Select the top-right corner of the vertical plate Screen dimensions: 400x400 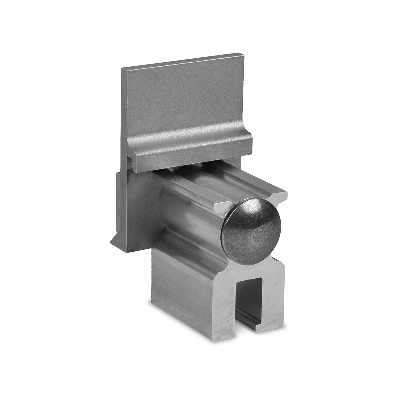(x=243, y=53)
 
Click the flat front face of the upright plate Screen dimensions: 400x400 (x=183, y=100)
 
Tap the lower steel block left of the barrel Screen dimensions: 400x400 (x=133, y=207)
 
